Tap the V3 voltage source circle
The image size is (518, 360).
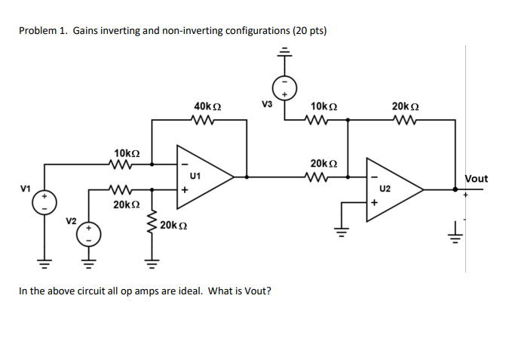point(284,88)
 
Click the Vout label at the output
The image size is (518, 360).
point(476,179)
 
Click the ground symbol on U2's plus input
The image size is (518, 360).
point(342,231)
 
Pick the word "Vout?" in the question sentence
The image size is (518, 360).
point(256,291)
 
